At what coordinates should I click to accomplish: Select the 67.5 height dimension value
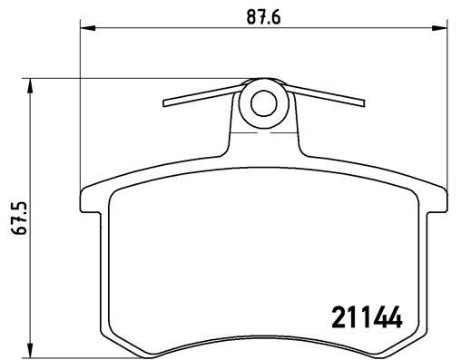15,219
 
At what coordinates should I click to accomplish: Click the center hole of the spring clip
264,103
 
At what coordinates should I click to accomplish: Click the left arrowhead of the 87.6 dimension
87,30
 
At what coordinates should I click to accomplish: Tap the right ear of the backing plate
436,199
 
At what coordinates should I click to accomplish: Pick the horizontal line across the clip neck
264,135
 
